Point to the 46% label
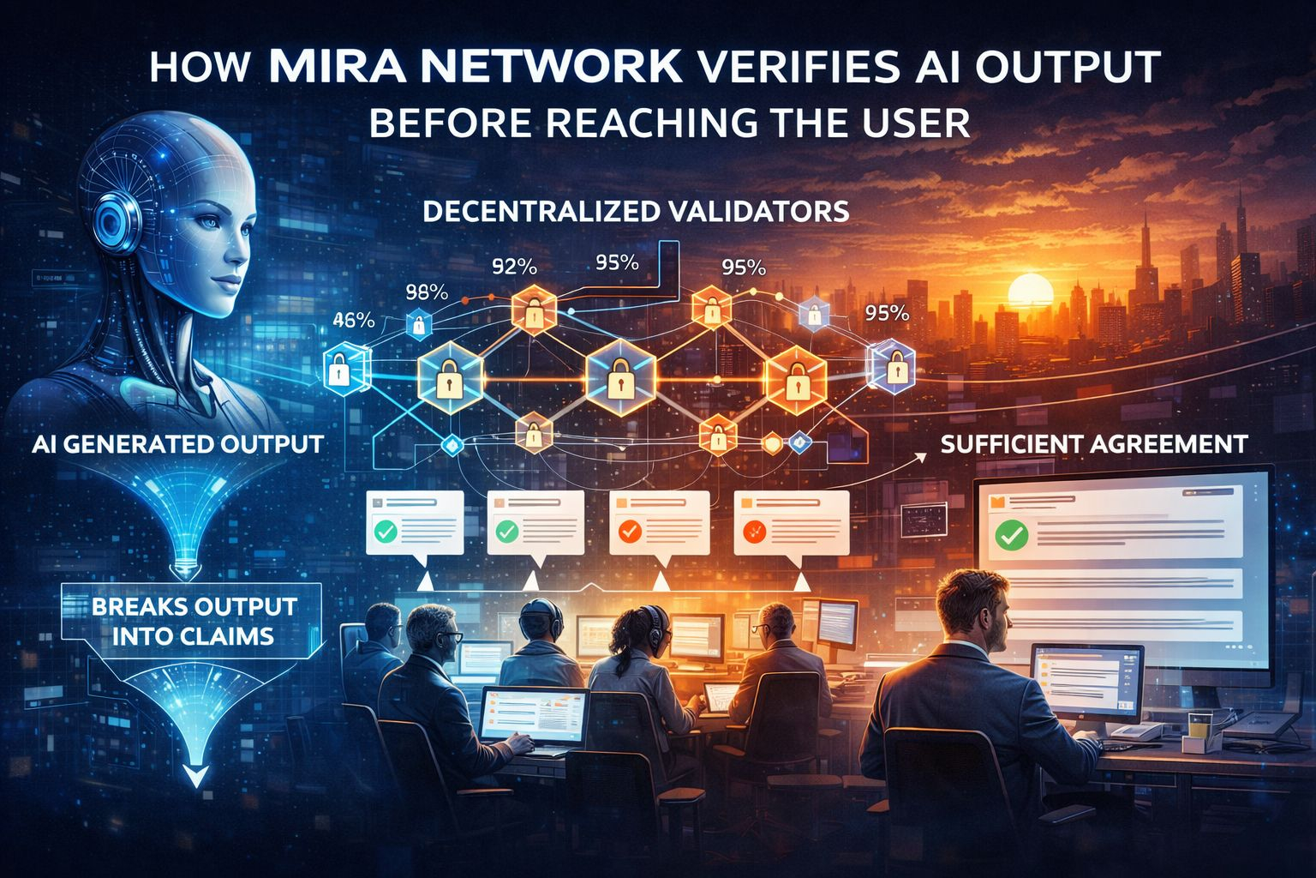(x=352, y=321)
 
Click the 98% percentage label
(x=426, y=292)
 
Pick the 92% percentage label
(x=515, y=267)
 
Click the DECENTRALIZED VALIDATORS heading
(x=636, y=212)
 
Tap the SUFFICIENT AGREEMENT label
(x=1093, y=444)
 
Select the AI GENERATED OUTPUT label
(x=177, y=444)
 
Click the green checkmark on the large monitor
(x=1011, y=537)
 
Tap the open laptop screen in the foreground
(x=533, y=716)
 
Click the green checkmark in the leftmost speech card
(x=385, y=532)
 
